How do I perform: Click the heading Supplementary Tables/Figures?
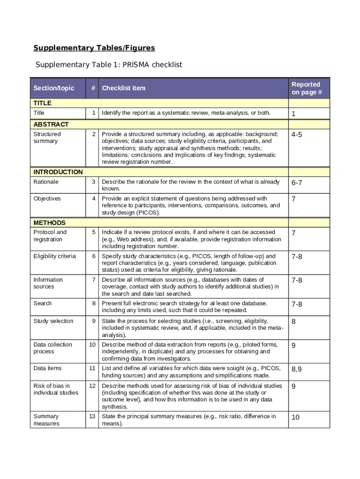94,48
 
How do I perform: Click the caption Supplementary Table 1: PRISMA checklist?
109,65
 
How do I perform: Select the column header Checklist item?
124,88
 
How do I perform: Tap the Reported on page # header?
306,88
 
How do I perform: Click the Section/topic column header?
54,88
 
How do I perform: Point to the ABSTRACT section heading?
51,124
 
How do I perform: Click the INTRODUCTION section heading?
58,172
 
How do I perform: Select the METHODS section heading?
50,223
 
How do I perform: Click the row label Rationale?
46,181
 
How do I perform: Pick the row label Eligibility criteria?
54,256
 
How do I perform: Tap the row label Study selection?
53,321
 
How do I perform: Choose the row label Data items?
47,368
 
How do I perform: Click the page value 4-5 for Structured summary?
297,135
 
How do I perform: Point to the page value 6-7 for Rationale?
297,182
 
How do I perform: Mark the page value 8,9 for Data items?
297,369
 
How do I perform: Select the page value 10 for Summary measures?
295,417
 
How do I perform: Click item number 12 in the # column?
93,385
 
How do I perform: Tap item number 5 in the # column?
94,232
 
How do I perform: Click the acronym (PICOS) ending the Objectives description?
149,213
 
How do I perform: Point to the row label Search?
43,304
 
